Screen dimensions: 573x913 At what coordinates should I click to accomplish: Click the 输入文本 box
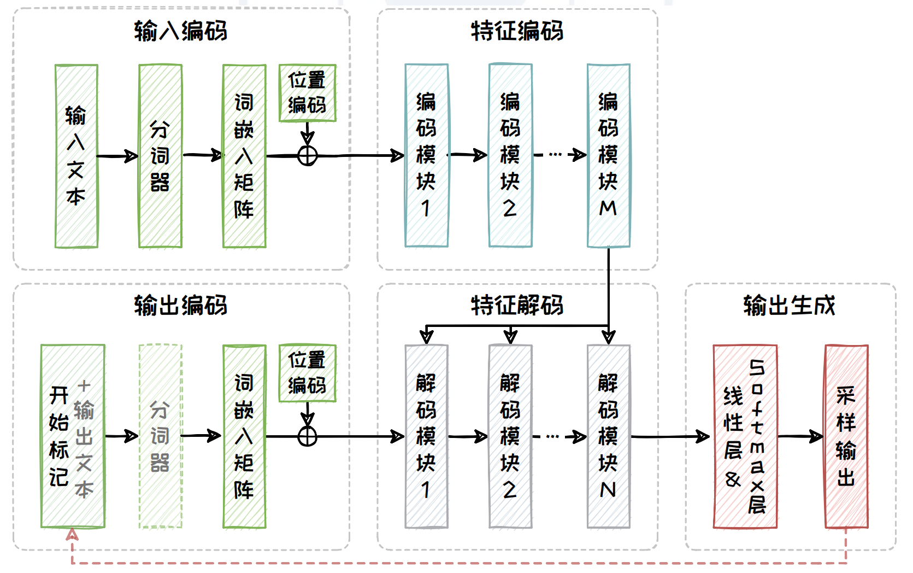pyautogui.click(x=76, y=156)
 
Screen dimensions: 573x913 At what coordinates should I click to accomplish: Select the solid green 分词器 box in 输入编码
pyautogui.click(x=160, y=156)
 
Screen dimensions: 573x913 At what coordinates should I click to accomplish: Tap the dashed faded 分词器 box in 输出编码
pyautogui.click(x=160, y=436)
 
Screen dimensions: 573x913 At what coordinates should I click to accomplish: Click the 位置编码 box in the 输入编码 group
pyautogui.click(x=307, y=93)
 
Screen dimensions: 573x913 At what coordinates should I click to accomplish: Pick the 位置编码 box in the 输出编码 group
pyautogui.click(x=307, y=373)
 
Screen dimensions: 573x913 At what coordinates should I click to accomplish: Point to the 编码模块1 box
pyautogui.click(x=426, y=156)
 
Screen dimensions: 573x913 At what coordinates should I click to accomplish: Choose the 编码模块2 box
pyautogui.click(x=510, y=156)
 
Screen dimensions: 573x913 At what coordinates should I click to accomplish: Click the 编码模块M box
pyautogui.click(x=608, y=156)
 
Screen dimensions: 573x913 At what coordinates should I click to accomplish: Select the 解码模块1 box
pyautogui.click(x=426, y=436)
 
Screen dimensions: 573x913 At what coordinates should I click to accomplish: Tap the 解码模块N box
pyautogui.click(x=608, y=436)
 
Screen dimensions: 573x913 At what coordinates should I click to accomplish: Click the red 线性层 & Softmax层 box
pyautogui.click(x=745, y=436)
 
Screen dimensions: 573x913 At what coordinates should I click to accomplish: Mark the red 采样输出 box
pyautogui.click(x=846, y=436)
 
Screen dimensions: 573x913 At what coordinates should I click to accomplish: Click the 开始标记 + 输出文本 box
pyautogui.click(x=73, y=436)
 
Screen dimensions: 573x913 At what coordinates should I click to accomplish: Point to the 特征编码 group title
pyautogui.click(x=517, y=31)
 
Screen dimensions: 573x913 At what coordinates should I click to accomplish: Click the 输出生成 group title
pyautogui.click(x=790, y=305)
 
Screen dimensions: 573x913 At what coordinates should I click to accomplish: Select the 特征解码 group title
pyautogui.click(x=517, y=305)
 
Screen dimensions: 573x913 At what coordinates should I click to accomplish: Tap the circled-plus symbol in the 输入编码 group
pyautogui.click(x=308, y=156)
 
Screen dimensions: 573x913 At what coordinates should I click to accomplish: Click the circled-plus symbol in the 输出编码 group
pyautogui.click(x=308, y=436)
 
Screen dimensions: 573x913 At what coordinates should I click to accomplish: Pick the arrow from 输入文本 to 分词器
pyautogui.click(x=117, y=156)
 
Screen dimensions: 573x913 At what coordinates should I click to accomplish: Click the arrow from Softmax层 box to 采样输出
pyautogui.click(x=800, y=436)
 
